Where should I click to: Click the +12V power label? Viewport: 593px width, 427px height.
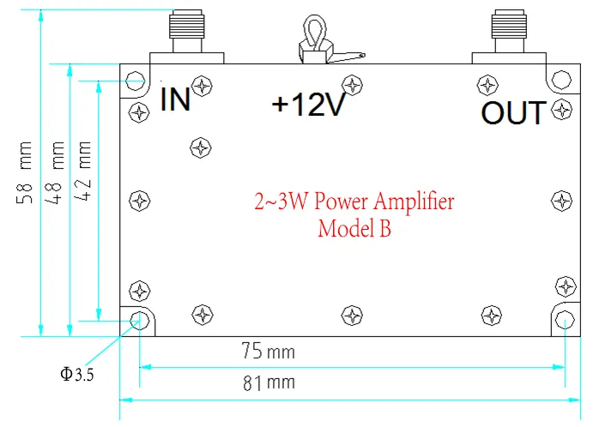(x=308, y=105)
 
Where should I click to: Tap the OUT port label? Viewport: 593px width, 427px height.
(x=513, y=112)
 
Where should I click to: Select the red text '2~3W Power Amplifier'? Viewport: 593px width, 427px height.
(x=354, y=202)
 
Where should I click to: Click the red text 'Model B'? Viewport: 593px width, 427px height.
(x=354, y=229)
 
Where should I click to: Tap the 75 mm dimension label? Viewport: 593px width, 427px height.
(x=266, y=352)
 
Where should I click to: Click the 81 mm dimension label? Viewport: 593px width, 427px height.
(x=266, y=383)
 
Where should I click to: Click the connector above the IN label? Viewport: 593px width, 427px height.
(x=186, y=33)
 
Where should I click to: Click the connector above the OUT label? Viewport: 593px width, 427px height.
(x=510, y=33)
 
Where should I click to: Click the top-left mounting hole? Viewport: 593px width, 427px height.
(x=136, y=81)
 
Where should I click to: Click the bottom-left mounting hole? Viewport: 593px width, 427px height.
(x=137, y=320)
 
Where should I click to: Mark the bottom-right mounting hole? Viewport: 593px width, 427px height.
(x=564, y=320)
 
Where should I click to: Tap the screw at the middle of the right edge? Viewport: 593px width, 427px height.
(x=560, y=201)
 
